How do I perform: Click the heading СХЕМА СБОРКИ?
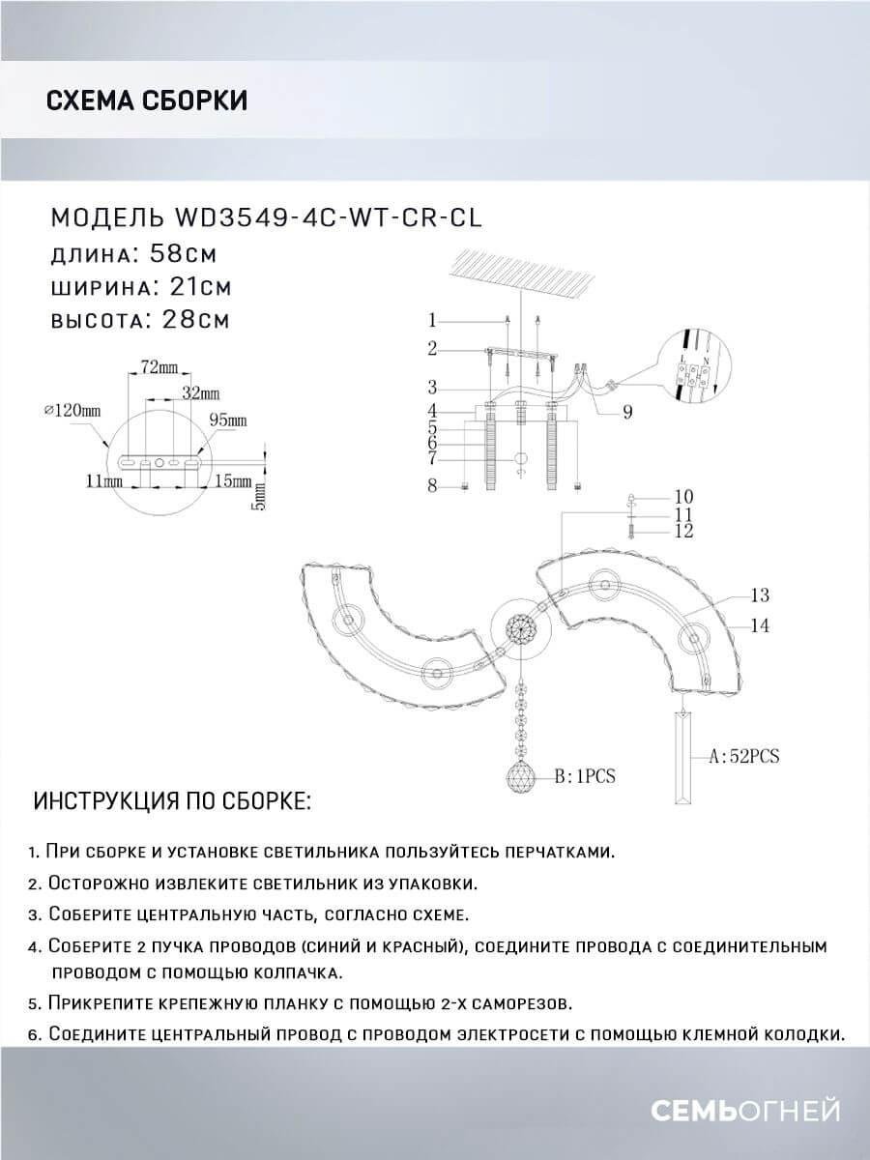146,101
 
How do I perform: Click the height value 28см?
196,320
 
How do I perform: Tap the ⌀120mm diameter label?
73,411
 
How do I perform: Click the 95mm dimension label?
229,420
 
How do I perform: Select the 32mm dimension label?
200,393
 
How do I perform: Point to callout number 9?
627,413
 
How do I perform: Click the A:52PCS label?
744,757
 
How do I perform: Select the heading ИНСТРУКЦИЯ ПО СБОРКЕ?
173,802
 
